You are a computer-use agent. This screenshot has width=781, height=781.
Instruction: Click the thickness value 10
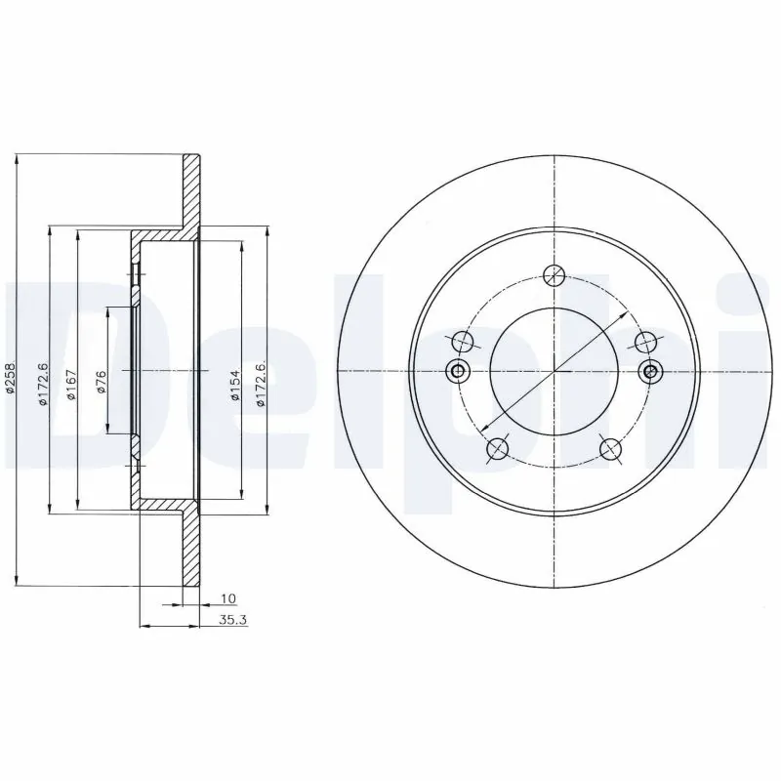228,597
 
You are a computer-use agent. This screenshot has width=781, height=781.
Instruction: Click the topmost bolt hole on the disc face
555,274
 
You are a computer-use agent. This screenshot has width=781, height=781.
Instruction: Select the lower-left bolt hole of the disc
497,448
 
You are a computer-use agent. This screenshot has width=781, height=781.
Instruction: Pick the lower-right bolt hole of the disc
611,448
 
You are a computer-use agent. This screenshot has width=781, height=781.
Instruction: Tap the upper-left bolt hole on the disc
463,341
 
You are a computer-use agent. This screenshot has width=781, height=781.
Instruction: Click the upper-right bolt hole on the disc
646,341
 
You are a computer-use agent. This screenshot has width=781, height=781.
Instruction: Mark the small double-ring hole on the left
456,371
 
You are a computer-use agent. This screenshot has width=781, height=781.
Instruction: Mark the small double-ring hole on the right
652,371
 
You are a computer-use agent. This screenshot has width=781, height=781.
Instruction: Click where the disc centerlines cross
555,371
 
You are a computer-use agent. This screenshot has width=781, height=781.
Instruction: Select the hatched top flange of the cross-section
191,190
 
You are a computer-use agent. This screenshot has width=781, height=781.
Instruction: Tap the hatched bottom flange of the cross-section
191,552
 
